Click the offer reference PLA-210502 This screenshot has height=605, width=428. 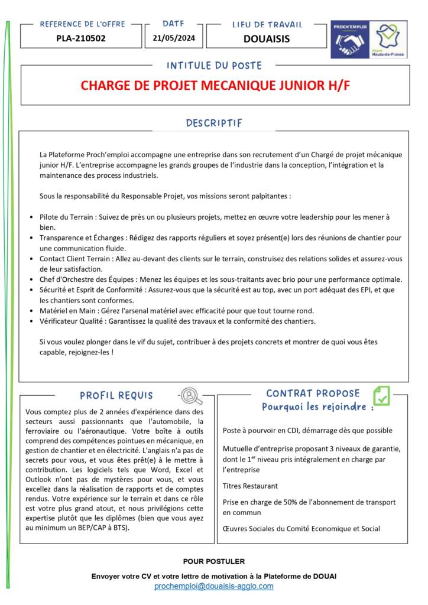coord(80,40)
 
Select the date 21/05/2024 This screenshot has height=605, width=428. coord(174,40)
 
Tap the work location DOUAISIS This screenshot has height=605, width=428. coord(266,40)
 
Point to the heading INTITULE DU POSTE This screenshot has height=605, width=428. coord(214,66)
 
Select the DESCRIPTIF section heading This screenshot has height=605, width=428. coord(214,123)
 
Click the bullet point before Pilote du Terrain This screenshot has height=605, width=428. coord(31,217)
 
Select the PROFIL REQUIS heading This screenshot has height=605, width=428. coord(116,395)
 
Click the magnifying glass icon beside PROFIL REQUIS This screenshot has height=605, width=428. coord(190,395)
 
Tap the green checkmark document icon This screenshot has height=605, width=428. coord(381,395)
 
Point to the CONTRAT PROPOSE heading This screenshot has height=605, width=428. coord(313,393)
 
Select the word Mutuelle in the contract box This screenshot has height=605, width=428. coord(238,448)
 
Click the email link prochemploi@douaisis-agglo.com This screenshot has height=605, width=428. coord(213,586)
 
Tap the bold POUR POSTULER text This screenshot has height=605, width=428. coord(213,561)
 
